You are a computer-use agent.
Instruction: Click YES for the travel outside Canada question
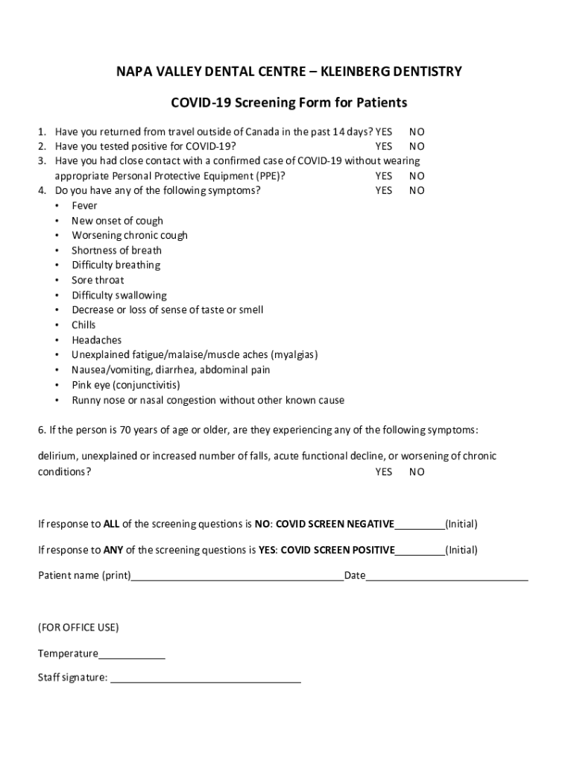384,131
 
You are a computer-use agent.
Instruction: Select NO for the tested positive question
417,146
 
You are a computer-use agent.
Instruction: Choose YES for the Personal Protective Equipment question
384,176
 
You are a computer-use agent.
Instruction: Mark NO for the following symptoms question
417,190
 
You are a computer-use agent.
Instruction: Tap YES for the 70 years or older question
384,472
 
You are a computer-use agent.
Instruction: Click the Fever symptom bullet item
84,205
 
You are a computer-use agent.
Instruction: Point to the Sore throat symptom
98,280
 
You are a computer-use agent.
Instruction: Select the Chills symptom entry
83,325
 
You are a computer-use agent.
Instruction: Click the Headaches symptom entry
96,340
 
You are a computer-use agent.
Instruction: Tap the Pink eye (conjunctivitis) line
125,385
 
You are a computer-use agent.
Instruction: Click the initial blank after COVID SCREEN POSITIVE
420,551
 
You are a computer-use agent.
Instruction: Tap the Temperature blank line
131,655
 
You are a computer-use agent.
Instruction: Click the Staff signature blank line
206,680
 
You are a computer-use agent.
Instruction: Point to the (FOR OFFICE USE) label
78,627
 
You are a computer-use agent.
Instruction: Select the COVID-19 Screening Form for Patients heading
289,102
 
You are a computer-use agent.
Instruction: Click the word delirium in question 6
57,456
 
